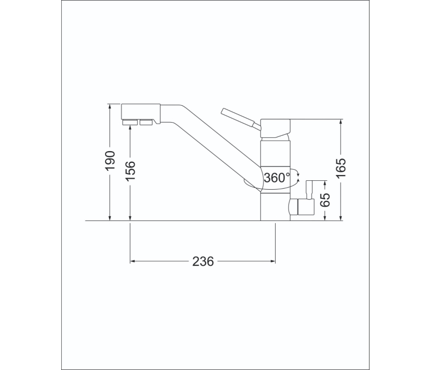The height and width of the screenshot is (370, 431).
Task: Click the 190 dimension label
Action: (x=109, y=161)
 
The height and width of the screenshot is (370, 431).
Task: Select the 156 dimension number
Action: (x=130, y=171)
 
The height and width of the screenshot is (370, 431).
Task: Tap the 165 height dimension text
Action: (x=341, y=168)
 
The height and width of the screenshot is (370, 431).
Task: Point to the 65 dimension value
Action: (x=325, y=200)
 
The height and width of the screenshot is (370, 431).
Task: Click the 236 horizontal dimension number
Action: (x=203, y=261)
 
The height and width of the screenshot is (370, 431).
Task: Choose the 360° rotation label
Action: (x=277, y=178)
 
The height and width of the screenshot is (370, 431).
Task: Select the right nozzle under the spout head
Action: (x=146, y=123)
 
